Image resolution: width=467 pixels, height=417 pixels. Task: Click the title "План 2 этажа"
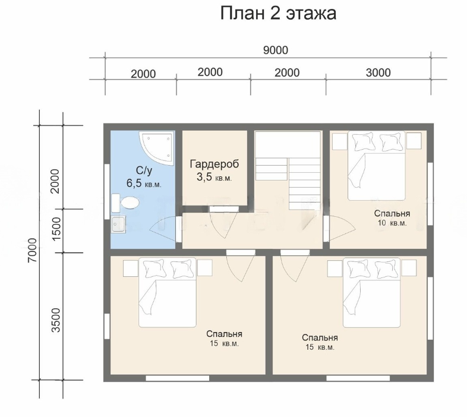(x=278, y=14)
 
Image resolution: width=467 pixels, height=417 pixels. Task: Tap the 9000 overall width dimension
(x=276, y=50)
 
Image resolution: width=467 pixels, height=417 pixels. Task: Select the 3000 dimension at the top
(x=378, y=72)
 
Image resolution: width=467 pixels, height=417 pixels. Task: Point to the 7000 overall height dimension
(x=32, y=250)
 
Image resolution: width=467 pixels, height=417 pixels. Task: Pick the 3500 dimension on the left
(x=56, y=320)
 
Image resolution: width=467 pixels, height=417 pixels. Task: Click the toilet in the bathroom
(x=125, y=203)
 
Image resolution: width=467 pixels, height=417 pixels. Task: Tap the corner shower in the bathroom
(x=157, y=148)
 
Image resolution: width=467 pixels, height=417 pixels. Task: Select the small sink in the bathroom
(x=119, y=224)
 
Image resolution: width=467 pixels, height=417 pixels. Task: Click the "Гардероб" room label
(x=214, y=165)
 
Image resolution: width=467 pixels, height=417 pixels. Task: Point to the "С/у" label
(x=144, y=170)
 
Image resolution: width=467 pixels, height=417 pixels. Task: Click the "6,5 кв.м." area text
(x=144, y=184)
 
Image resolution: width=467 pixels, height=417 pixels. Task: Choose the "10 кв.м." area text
(x=392, y=223)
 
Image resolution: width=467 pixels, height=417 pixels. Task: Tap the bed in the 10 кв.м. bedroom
(x=377, y=166)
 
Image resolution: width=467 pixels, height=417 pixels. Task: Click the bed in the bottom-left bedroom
(x=168, y=292)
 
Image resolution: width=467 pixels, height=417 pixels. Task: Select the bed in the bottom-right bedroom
(x=372, y=292)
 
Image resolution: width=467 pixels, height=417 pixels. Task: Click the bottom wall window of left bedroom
(x=178, y=378)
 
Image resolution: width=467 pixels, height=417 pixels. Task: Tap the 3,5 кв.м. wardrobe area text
(x=214, y=177)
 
